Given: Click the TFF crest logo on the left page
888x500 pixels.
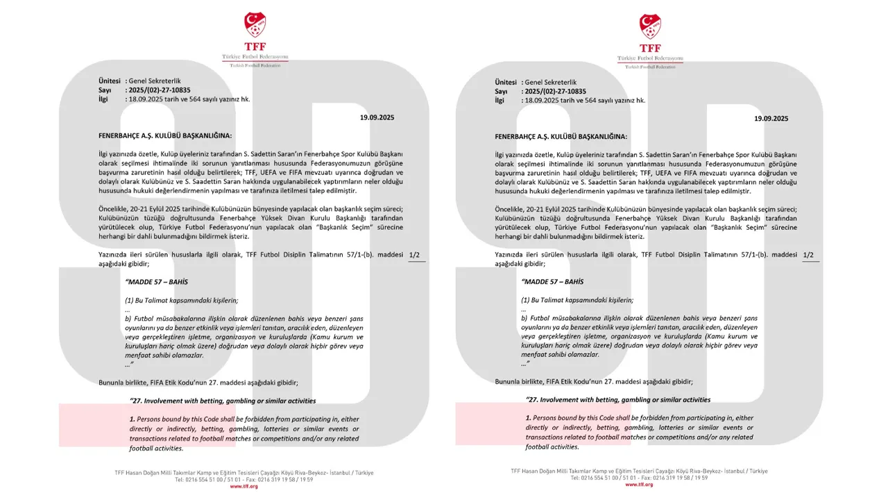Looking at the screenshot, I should click(255, 25).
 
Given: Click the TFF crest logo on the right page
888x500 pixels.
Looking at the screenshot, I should click(650, 26).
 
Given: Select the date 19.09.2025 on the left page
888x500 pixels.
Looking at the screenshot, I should click(377, 118).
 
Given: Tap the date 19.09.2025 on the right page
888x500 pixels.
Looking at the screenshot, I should click(771, 119).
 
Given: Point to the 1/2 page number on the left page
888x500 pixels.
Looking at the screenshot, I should click(414, 255).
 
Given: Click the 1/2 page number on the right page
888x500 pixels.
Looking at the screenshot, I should click(808, 255).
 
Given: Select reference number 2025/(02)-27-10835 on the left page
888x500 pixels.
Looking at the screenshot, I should click(160, 90).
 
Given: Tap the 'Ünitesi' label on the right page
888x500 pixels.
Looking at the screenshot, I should click(506, 82).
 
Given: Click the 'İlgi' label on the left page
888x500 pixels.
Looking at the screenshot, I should click(104, 99).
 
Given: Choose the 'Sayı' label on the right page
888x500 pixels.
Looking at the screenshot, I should click(501, 91).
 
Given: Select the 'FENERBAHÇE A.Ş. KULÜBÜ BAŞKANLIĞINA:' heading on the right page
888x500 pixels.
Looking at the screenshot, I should click(561, 137).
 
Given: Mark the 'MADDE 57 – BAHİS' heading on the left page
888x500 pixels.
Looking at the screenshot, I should click(156, 282).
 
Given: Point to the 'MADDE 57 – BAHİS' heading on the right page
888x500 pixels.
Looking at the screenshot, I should click(552, 282).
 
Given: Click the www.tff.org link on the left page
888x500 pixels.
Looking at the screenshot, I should click(244, 486).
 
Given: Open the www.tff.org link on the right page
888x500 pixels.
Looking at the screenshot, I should click(639, 485).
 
